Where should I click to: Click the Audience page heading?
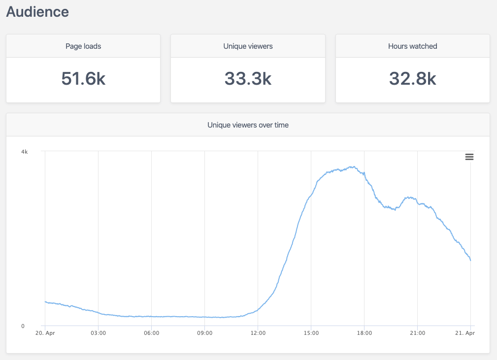37,12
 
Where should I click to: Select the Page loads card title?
83,46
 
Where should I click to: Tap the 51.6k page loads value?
83,79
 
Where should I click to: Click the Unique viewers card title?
248,46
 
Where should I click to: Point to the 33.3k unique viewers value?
248,79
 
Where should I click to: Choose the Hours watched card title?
412,46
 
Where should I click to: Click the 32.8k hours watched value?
412,79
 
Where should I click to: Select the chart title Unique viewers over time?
248,125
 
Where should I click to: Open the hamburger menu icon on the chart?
469,157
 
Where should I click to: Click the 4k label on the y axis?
24,152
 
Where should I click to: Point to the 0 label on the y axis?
23,326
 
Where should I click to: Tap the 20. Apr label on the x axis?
45,333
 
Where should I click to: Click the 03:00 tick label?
99,333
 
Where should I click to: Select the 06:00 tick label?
152,333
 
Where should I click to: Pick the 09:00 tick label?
205,333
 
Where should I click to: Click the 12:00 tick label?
258,333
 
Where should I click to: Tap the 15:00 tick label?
311,333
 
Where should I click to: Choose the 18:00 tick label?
364,333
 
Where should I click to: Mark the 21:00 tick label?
418,333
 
